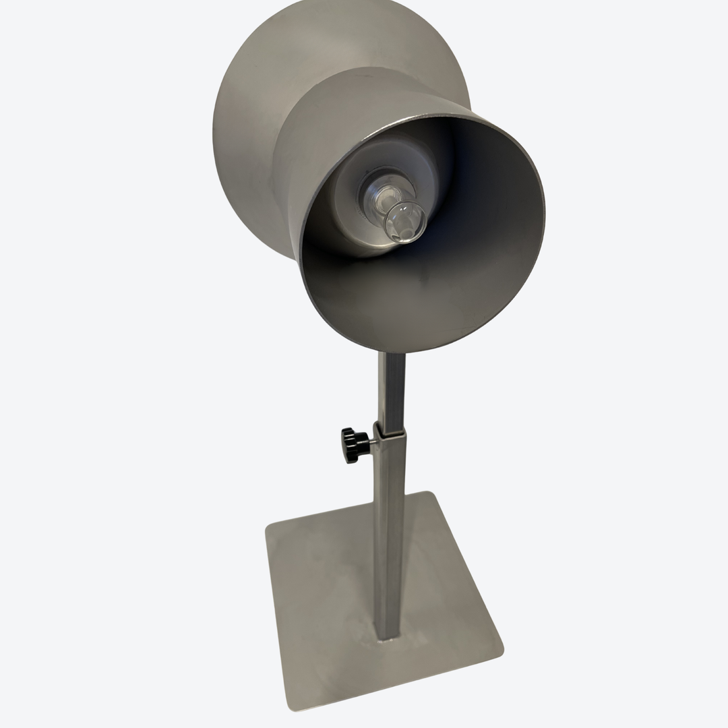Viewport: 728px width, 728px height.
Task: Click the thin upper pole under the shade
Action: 392,391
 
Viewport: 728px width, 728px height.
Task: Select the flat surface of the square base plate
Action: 324,593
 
